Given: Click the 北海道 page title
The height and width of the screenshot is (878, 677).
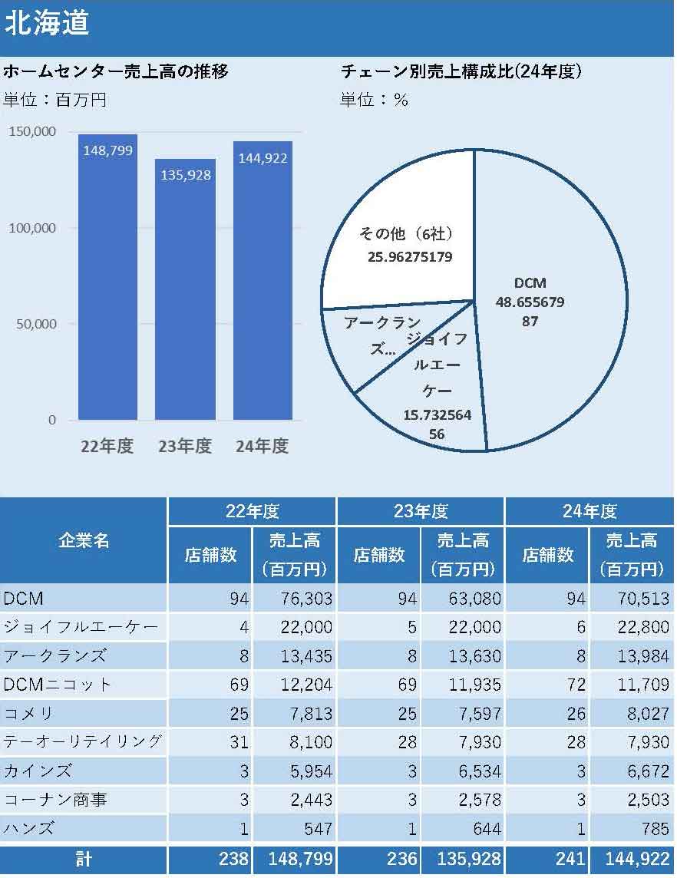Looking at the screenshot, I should point(48,23).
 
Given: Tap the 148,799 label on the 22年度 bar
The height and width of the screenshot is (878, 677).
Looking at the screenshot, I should point(107,150).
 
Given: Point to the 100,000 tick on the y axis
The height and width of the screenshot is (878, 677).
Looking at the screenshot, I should point(32,228).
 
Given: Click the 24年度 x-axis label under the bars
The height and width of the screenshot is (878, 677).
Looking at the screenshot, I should point(263,446).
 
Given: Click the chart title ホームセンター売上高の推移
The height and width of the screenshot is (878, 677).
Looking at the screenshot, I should point(115,72).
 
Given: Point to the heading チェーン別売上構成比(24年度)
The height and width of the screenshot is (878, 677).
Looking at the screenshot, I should point(461,72).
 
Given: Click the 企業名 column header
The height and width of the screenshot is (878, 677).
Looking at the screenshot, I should point(84,540).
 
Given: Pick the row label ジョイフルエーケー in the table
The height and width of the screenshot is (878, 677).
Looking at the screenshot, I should point(81,627).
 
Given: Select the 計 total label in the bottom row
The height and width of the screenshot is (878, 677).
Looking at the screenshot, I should point(84,860).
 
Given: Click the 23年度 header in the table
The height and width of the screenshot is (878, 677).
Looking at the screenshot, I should point(421,511).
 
